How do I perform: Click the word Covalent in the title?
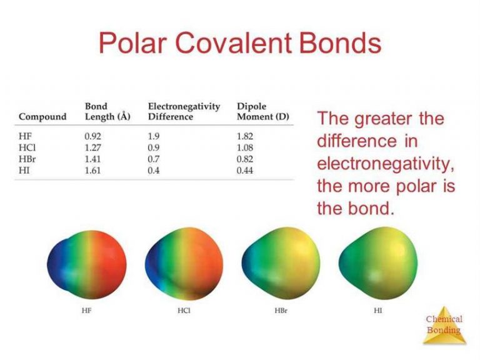pos(233,43)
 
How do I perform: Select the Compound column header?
pos(42,117)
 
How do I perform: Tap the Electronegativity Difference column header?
pos(184,111)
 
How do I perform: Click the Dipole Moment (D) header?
pos(263,111)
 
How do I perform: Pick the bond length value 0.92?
pos(92,136)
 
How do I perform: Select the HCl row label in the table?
pos(27,147)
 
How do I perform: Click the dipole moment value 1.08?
pos(245,147)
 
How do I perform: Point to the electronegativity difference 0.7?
pos(153,159)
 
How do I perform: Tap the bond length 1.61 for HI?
pos(92,171)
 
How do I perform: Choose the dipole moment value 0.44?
pos(245,171)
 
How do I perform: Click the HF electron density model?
pos(87,265)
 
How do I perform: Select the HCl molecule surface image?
pos(184,264)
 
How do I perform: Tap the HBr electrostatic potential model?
pos(281,263)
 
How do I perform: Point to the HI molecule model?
pos(378,263)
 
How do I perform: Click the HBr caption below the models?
pos(281,311)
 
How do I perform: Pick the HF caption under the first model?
pos(87,311)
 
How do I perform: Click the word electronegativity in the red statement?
pos(386,164)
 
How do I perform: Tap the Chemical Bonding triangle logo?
pos(444,325)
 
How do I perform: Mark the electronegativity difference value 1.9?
pos(153,136)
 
